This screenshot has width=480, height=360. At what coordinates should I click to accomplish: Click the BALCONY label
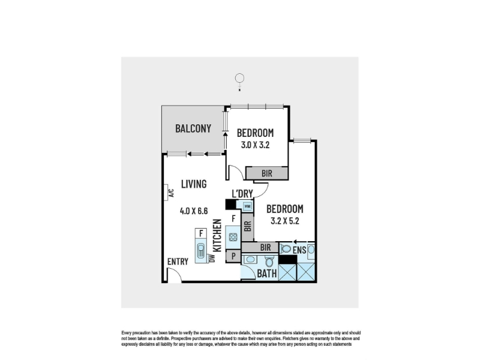[x=193, y=128]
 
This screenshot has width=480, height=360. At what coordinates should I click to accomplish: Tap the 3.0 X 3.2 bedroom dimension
[x=255, y=145]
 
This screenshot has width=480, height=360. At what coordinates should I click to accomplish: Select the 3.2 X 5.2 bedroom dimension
[x=284, y=221]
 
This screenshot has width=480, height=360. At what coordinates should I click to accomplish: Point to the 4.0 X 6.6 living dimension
[x=194, y=211]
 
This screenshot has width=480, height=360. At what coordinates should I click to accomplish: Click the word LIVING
[x=194, y=184]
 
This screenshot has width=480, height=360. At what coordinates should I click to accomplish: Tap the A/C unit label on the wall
[x=172, y=193]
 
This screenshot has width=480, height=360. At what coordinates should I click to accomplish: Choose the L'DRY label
[x=242, y=193]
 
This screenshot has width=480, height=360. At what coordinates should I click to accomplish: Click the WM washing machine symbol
[x=247, y=206]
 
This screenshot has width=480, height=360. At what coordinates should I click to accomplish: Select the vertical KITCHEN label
[x=217, y=235]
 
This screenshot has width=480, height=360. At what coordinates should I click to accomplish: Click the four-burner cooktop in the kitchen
[x=233, y=237]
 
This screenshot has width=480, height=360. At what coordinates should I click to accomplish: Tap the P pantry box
[x=233, y=256]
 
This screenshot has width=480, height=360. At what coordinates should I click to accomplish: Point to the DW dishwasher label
[x=212, y=258]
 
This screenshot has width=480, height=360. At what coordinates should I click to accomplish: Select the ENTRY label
[x=178, y=262]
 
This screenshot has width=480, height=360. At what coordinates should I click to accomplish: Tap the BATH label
[x=267, y=274]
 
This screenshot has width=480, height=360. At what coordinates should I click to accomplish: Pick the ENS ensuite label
[x=299, y=250]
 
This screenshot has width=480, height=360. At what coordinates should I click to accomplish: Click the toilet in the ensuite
[x=286, y=249]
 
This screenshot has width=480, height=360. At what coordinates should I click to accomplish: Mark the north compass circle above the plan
[x=239, y=78]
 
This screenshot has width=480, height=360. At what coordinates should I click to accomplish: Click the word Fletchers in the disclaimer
[x=291, y=338]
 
